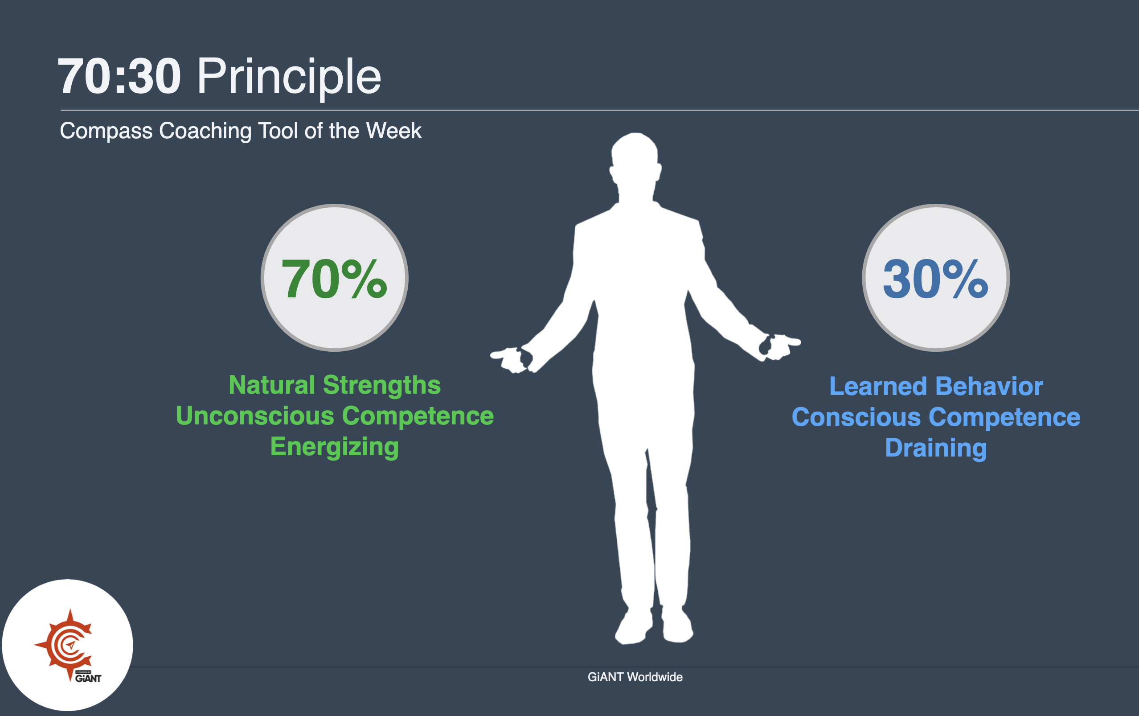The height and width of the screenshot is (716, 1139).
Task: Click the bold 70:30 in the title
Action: [x=119, y=77]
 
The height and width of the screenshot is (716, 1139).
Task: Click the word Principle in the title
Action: [x=288, y=77]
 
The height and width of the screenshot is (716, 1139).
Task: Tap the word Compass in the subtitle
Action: [x=106, y=131]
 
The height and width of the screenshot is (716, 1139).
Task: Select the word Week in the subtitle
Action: [x=393, y=131]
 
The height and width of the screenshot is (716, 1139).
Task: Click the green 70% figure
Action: [x=334, y=279]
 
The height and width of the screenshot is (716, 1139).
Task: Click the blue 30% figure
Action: [x=936, y=279]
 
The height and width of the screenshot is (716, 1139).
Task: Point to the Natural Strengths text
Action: [x=334, y=385]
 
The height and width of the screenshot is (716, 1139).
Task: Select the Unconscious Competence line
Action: [x=334, y=416]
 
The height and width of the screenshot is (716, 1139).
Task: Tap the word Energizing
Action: [x=334, y=447]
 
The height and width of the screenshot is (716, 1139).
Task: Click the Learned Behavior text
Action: [x=936, y=386]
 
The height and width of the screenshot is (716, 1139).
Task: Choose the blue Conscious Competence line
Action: [x=936, y=417]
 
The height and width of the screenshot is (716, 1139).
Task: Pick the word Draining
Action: [x=936, y=448]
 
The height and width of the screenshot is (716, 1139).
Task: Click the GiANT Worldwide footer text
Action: [x=635, y=677]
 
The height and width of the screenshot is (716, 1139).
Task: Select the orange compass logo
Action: [x=66, y=644]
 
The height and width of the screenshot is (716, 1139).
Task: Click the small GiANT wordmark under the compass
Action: [x=88, y=679]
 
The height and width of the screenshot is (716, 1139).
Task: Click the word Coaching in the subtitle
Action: [x=205, y=131]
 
